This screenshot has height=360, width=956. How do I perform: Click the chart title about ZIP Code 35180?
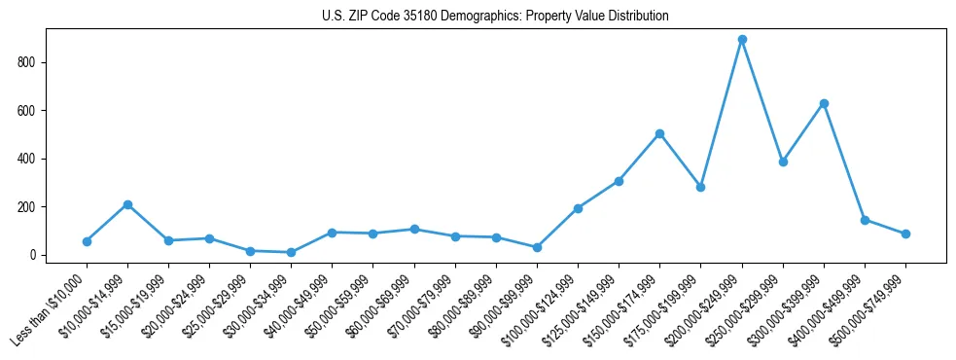(495, 17)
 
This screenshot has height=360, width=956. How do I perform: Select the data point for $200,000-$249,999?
(742, 40)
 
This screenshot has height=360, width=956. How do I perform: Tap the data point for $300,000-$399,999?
(824, 103)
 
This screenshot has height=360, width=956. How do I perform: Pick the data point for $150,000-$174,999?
(660, 133)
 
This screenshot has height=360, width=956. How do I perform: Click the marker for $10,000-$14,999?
(127, 204)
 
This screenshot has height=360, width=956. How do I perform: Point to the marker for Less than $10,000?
(87, 241)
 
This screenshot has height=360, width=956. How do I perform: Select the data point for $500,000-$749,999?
(905, 234)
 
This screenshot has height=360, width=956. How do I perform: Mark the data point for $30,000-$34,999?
(292, 252)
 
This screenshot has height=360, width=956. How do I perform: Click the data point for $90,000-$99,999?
(537, 247)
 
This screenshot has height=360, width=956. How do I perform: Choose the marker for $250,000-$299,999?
(783, 162)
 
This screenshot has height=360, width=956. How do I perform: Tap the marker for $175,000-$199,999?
(700, 187)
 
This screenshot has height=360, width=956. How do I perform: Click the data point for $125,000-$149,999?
(619, 181)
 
